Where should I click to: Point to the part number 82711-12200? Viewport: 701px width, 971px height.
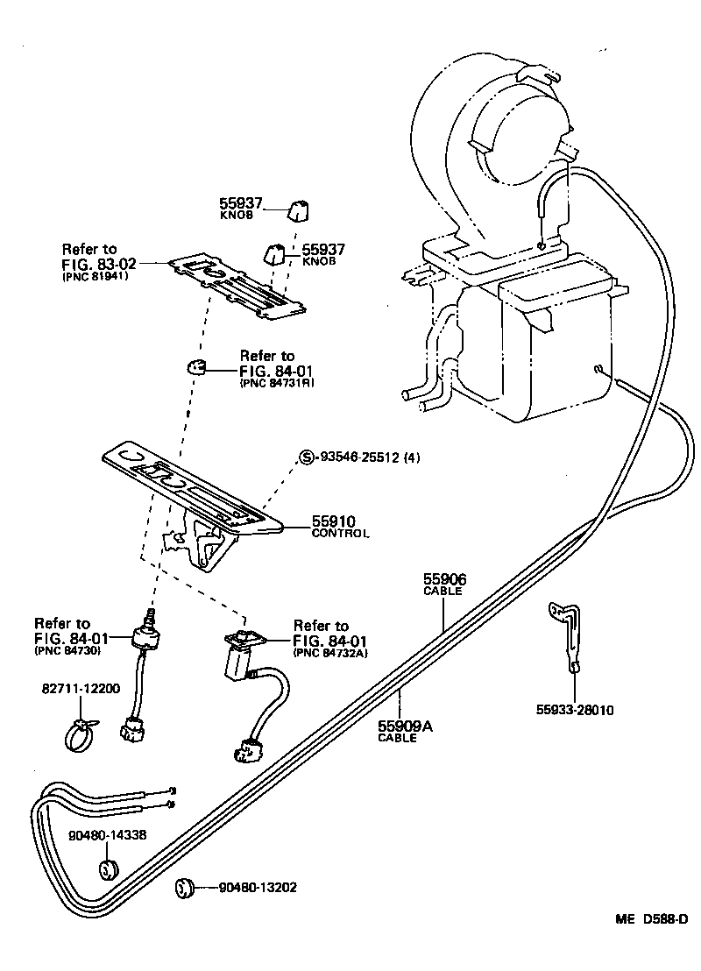coord(81,689)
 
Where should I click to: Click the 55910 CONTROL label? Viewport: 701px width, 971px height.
coord(340,527)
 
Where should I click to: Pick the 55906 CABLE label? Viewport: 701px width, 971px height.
coord(444,585)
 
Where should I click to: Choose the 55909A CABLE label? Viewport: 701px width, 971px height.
coord(406,731)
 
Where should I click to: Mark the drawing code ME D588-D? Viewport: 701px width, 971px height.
coord(651,919)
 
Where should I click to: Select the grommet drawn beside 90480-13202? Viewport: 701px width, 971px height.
coord(183,887)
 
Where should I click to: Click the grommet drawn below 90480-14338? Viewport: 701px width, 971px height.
coord(108,871)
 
